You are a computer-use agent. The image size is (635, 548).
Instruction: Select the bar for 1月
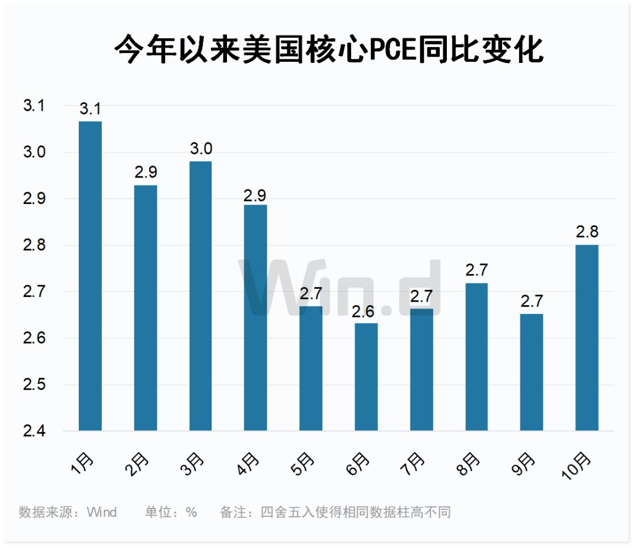pos(90,276)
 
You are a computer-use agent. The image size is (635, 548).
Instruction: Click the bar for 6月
pos(366,377)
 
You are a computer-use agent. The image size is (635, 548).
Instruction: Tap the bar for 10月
pos(587,338)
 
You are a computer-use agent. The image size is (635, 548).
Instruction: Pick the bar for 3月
pos(200,296)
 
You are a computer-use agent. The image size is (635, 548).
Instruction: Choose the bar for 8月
pos(476,357)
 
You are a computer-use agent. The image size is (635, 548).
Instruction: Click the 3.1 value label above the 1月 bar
pos(91,109)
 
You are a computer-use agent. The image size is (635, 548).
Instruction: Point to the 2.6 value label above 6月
pos(366,311)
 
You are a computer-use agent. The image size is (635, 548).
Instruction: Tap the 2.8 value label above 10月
pos(587,232)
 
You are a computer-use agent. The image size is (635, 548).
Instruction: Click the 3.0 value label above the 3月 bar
pos(201,149)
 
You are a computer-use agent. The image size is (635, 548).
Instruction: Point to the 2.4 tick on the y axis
pos(34,431)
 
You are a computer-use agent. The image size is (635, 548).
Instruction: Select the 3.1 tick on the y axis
pos(34,106)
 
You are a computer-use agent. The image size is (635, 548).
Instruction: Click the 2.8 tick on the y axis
pos(34,245)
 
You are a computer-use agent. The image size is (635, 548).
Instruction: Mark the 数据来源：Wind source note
pos(68,512)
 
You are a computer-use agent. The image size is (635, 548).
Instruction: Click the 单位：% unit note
pos(171,512)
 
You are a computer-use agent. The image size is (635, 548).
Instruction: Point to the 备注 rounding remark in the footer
pos(336,512)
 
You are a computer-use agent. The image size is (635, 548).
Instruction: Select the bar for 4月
pos(256,318)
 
